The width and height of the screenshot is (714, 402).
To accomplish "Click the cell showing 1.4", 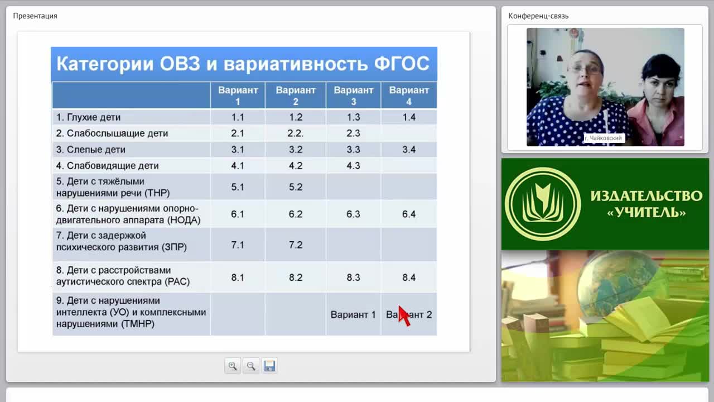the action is coord(409,117).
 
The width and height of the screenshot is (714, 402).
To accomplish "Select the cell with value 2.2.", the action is coord(296,133).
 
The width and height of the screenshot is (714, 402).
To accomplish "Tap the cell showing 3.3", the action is coord(353,149).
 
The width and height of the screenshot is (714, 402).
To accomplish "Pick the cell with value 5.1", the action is coord(238,187).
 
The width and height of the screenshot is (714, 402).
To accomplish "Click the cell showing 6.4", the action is coord(409,214).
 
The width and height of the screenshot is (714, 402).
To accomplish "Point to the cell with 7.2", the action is coord(296,245).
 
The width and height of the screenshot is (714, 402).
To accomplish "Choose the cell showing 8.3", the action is coord(353,277).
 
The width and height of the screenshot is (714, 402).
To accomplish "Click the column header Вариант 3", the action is coord(353,95).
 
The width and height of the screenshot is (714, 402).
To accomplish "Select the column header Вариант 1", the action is coord(238,95).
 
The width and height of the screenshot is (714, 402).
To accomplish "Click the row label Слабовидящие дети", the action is coord(108,166).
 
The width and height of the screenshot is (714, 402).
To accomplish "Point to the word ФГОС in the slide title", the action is coord(402,64).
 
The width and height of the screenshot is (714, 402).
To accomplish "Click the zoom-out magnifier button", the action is coord(251,366).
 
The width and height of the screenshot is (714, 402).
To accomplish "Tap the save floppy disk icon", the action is coord(269,366).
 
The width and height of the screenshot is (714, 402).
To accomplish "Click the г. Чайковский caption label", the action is coord(604,138).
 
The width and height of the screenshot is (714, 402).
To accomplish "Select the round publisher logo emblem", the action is coord(543,204).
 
